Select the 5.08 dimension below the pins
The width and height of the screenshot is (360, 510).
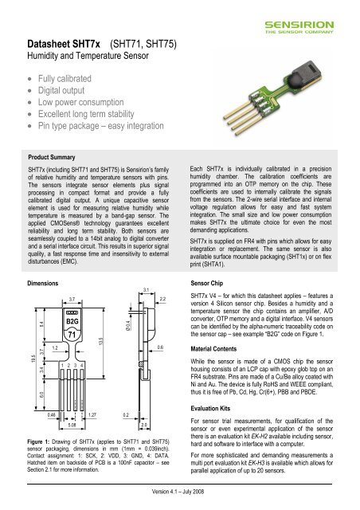tap(72, 425)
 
